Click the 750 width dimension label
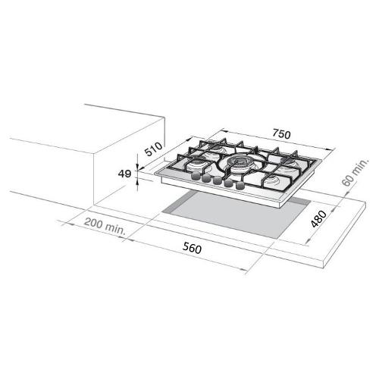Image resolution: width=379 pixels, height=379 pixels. coord(281,134)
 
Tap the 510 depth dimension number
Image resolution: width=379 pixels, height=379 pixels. coord(153,149)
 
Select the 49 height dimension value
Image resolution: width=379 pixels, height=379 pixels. coord(124,174)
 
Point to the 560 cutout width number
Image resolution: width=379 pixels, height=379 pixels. coord(193,248)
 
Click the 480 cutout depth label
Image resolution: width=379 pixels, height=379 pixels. coord(318,219)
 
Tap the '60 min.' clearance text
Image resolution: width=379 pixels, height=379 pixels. coord(355,173)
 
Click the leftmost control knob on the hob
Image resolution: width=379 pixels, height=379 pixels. coord(196,176)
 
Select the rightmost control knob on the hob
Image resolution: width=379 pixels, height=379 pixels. coord(240,186)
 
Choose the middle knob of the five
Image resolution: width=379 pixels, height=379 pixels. coord(217,181)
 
